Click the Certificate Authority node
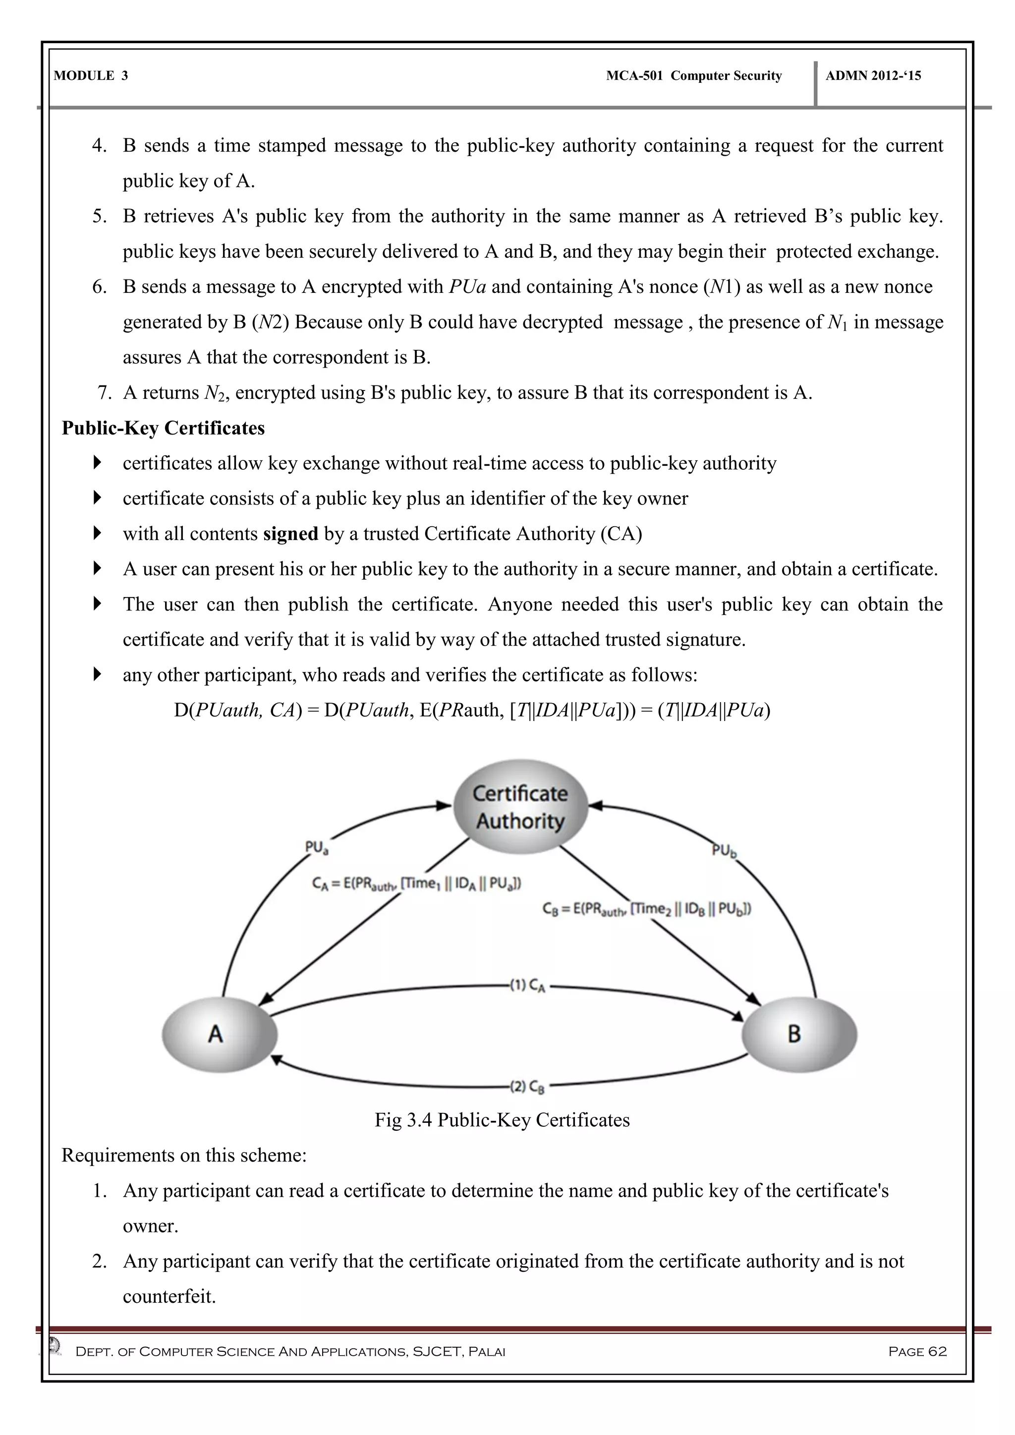(520, 807)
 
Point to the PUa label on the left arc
(316, 848)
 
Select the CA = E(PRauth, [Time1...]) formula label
(416, 884)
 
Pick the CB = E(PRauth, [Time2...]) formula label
(646, 909)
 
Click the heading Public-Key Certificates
(163, 428)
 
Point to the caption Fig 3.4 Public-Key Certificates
(502, 1119)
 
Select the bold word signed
(290, 534)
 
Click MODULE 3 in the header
(91, 76)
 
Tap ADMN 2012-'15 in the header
(873, 76)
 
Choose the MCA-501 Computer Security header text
(694, 76)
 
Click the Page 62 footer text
(917, 1351)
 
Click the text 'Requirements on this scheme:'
(184, 1155)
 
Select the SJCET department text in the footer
(290, 1351)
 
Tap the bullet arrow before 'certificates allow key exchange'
(97, 463)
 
